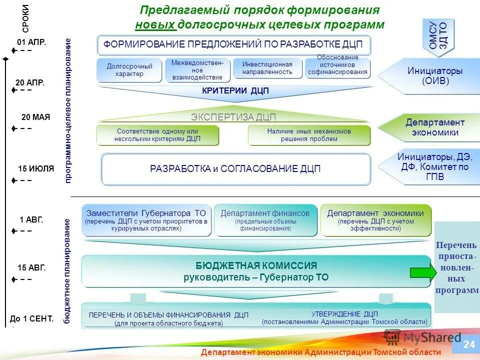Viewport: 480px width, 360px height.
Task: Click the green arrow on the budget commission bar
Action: (x=422, y=272)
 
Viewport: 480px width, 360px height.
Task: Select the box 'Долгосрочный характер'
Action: (x=129, y=70)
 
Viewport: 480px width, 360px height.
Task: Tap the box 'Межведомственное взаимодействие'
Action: (x=197, y=70)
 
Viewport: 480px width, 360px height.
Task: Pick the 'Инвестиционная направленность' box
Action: (x=267, y=68)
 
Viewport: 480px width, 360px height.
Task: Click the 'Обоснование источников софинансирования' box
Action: (x=337, y=68)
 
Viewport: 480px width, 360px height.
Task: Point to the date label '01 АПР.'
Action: (x=31, y=42)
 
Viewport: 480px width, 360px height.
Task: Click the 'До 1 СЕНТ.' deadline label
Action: (x=31, y=318)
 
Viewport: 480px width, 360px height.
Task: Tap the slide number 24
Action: (x=468, y=344)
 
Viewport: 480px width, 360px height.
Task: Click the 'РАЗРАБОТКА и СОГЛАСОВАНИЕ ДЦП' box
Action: (x=235, y=169)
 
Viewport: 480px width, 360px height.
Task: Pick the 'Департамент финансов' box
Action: (x=265, y=220)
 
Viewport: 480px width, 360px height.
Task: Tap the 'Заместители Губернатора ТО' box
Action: (x=146, y=220)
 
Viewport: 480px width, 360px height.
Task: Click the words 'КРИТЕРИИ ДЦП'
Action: (x=235, y=90)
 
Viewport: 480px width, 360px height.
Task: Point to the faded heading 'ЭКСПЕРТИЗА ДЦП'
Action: (x=233, y=117)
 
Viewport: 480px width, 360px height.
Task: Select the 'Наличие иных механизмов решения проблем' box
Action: (x=309, y=135)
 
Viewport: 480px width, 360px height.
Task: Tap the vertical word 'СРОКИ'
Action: (x=25, y=18)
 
